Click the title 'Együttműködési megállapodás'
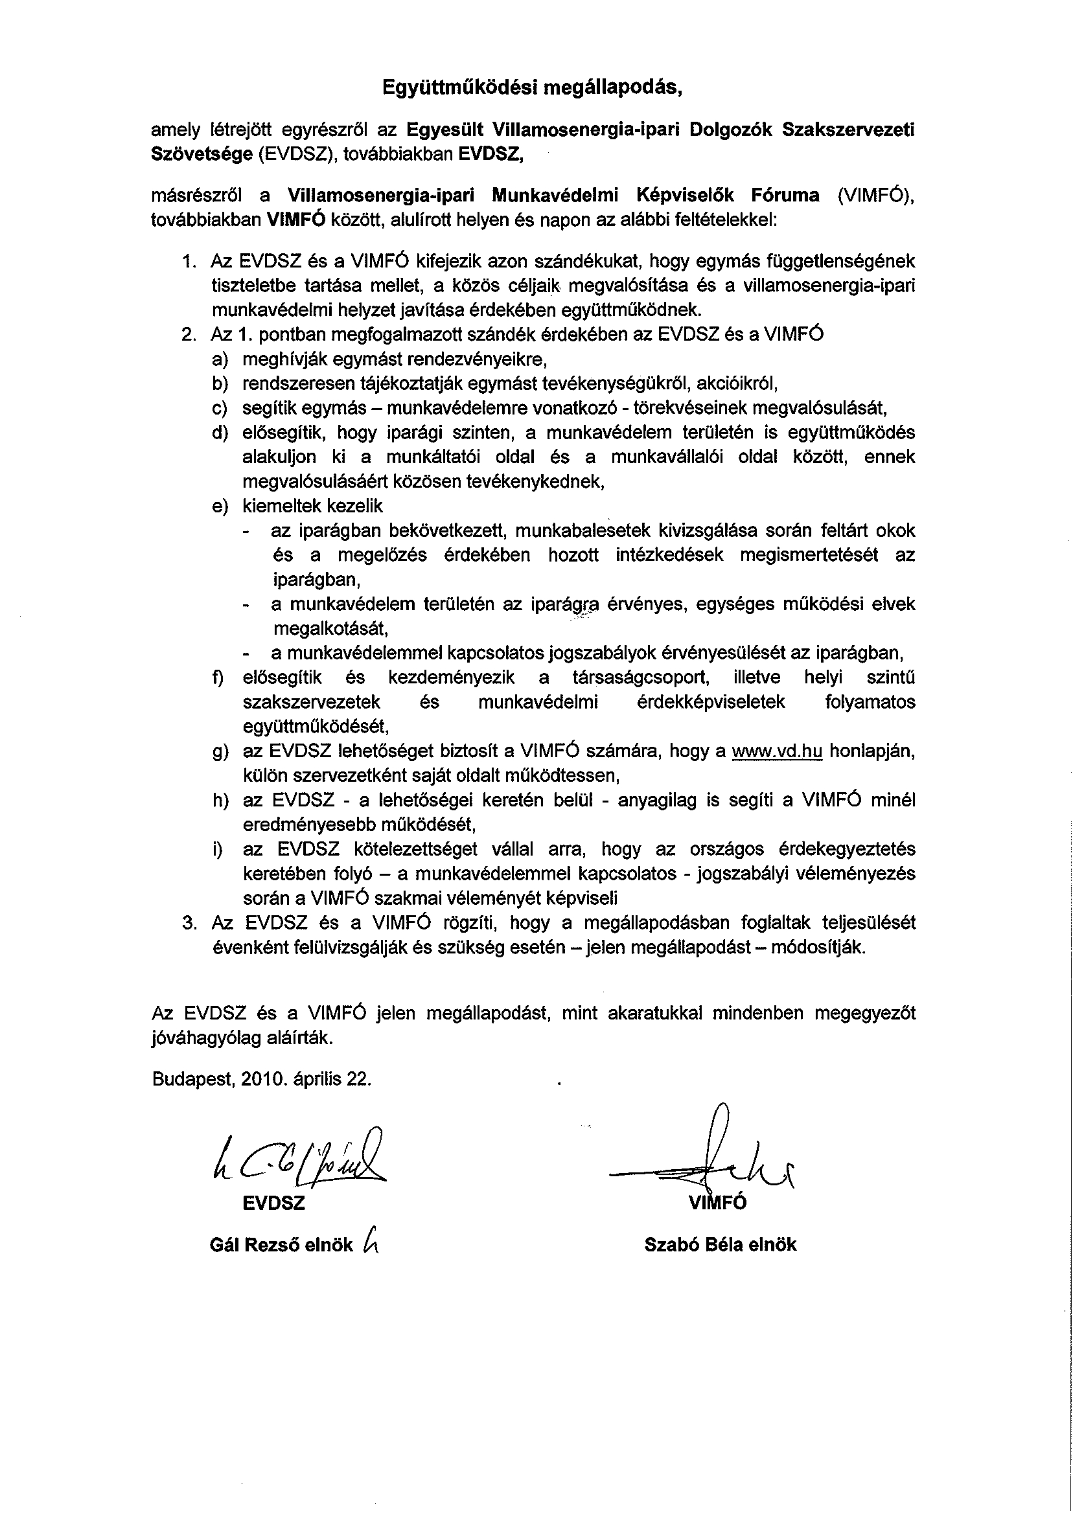coord(532,87)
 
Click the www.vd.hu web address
coord(777,751)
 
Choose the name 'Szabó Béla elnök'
coord(720,1245)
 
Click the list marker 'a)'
coord(220,359)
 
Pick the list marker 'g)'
coord(220,752)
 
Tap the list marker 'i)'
coord(217,849)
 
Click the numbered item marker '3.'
coord(189,922)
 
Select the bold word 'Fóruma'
coord(785,196)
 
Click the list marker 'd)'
coord(220,433)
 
